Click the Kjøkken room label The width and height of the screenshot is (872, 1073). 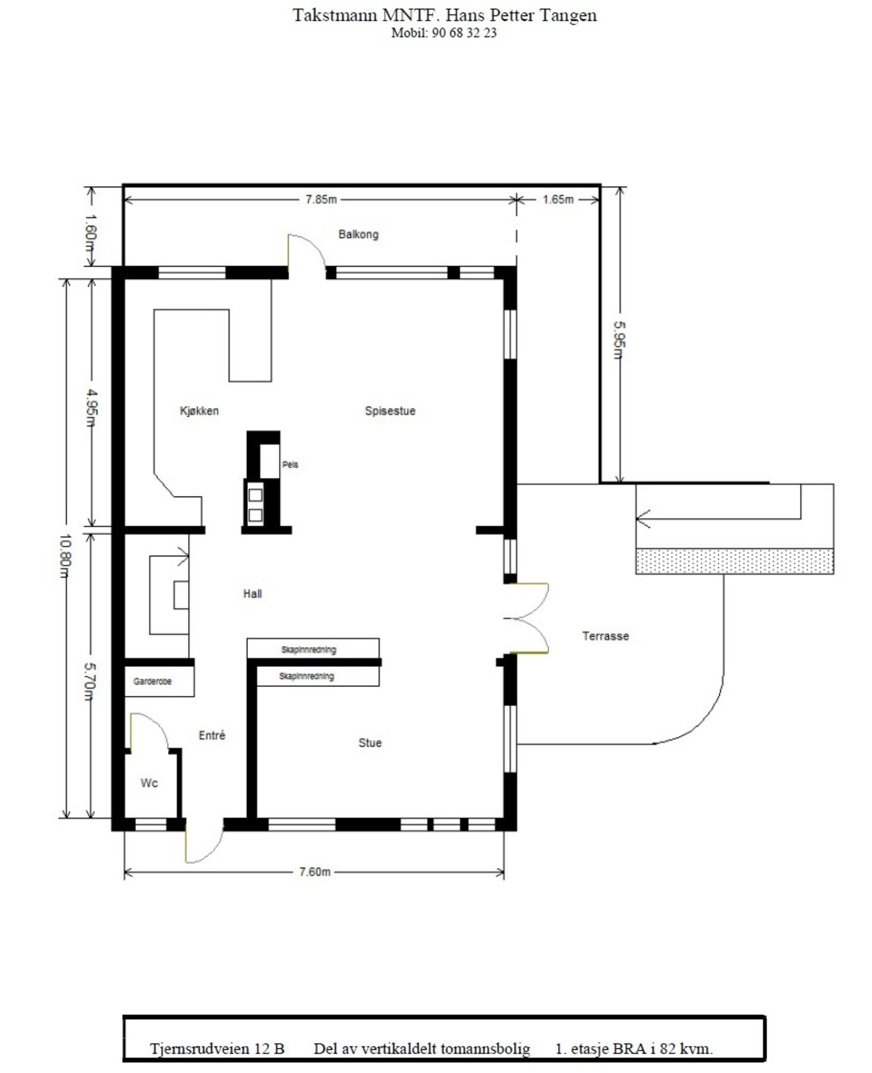tap(199, 411)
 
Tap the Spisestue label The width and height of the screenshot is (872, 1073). tap(390, 411)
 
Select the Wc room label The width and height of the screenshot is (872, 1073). tap(149, 783)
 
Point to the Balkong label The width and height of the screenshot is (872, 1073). tap(358, 234)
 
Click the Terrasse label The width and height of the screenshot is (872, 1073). tap(606, 636)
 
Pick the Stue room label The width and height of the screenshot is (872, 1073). tap(370, 743)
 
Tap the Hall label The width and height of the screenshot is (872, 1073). tap(252, 594)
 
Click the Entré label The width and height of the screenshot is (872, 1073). tap(212, 736)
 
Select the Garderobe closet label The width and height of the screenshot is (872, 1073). tap(153, 681)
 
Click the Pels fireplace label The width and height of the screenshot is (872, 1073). tap(290, 464)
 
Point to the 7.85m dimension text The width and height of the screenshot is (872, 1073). tap(321, 200)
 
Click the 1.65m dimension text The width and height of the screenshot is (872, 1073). tap(558, 200)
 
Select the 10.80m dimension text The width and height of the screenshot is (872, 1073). tap(65, 556)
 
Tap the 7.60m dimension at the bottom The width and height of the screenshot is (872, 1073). tap(314, 872)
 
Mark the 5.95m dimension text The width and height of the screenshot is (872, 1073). tap(620, 340)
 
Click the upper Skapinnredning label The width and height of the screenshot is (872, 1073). tap(308, 650)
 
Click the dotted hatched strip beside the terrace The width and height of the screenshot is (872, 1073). tap(734, 562)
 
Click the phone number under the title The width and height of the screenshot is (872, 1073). tap(443, 33)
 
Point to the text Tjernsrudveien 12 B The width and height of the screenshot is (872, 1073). tap(217, 1049)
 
